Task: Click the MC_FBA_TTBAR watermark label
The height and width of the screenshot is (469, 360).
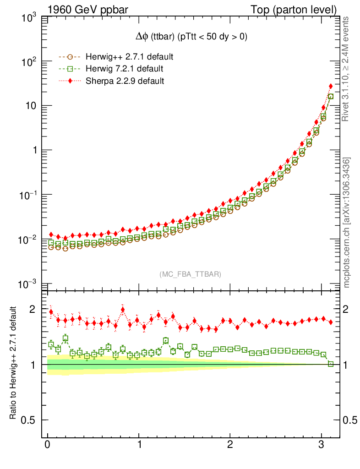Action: click(x=190, y=274)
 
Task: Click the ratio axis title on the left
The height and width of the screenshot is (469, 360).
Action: click(x=15, y=362)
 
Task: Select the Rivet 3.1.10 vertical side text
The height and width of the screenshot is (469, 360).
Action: click(x=346, y=69)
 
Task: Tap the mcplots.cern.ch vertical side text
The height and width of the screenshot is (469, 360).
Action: click(x=346, y=222)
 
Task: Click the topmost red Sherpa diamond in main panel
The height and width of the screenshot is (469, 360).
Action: click(x=331, y=86)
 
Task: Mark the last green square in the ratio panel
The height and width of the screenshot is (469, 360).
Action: click(x=331, y=364)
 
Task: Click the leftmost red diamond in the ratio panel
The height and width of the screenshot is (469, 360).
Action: click(x=51, y=312)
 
